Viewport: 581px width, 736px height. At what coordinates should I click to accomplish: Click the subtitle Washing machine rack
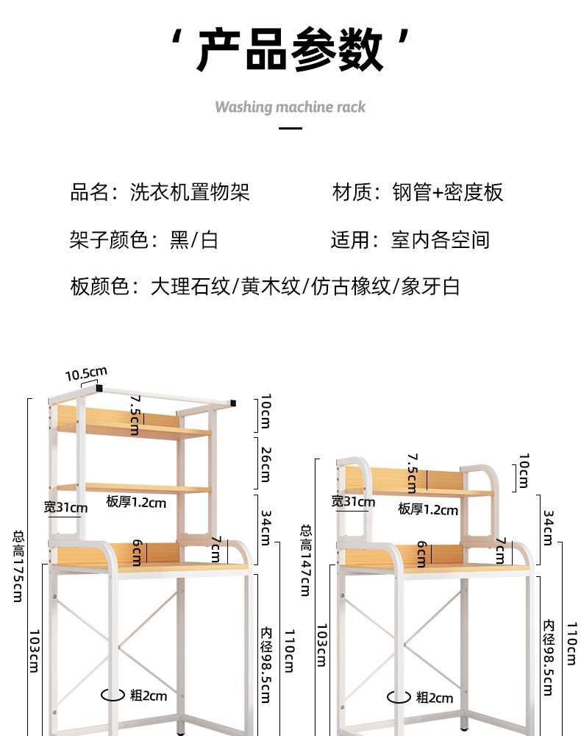[290, 107]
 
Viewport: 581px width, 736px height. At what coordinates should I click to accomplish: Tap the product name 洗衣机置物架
[190, 192]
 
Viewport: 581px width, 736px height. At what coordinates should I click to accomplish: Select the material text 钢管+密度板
[448, 192]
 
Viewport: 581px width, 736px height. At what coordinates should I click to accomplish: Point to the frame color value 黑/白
[193, 240]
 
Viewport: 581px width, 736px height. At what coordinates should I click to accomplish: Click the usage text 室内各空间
[441, 240]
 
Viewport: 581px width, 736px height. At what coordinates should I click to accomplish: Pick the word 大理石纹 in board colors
[190, 286]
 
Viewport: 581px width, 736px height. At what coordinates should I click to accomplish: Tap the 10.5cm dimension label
[86, 374]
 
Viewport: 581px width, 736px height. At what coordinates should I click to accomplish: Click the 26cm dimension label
[266, 464]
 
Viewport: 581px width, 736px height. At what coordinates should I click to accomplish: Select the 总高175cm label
[18, 566]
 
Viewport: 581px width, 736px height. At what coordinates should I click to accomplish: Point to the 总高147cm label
[305, 560]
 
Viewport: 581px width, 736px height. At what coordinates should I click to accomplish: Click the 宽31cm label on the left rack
[65, 507]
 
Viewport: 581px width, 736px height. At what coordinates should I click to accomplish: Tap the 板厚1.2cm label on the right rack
[428, 509]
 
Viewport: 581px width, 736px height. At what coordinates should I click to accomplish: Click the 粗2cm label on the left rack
[149, 696]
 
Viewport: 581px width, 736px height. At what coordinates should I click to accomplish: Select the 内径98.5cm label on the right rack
[549, 657]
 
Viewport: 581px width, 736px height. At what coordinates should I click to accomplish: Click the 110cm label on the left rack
[290, 651]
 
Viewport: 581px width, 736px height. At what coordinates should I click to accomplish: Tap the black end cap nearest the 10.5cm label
[99, 388]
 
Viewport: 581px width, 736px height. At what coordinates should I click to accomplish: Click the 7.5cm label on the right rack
[412, 473]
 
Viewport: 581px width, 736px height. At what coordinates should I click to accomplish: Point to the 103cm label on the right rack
[321, 645]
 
